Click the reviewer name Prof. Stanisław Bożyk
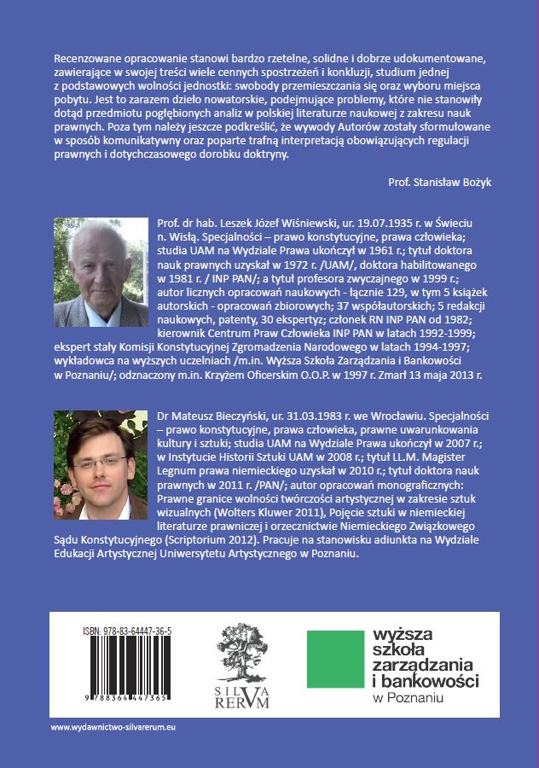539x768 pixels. coord(436,181)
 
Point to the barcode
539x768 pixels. coord(115,670)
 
